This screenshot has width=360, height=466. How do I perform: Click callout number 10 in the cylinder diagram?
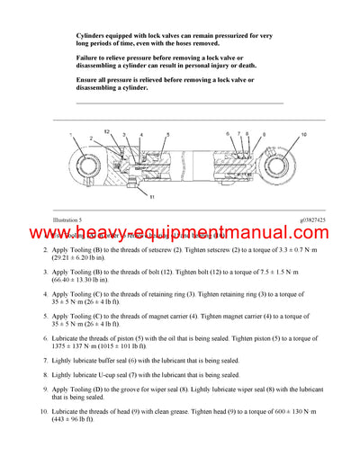303,134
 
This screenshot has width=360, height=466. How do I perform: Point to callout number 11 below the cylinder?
152,196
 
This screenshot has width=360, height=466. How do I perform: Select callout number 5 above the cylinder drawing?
166,133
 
